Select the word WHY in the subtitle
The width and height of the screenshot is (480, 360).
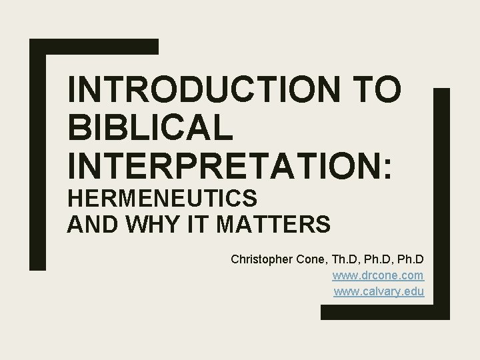pyautogui.click(x=147, y=225)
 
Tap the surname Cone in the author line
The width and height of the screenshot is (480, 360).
pyautogui.click(x=309, y=259)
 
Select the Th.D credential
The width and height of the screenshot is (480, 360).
pyautogui.click(x=344, y=259)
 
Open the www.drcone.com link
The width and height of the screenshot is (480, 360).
pyautogui.click(x=378, y=275)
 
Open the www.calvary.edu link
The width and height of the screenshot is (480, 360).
pyautogui.click(x=378, y=291)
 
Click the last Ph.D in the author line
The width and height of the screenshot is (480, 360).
pyautogui.click(x=410, y=259)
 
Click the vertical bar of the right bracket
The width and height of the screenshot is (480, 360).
pyautogui.click(x=442, y=200)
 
